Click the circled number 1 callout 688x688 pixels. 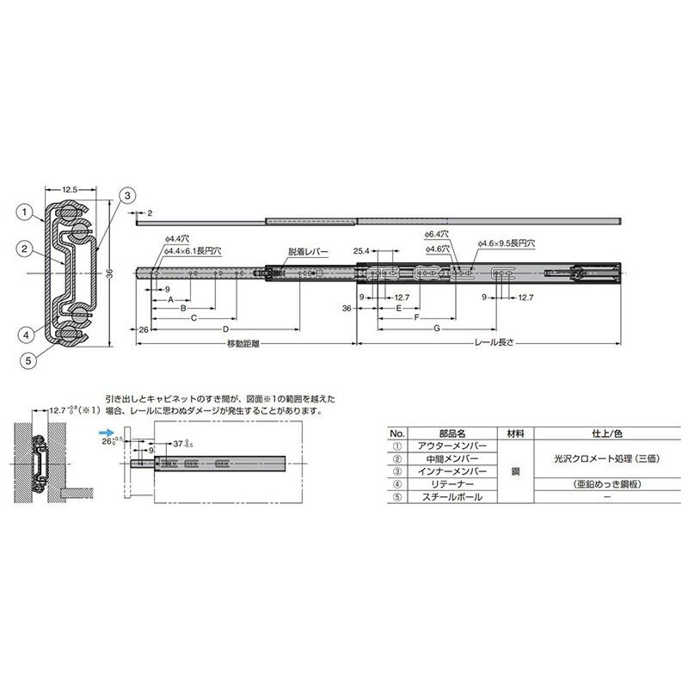27,209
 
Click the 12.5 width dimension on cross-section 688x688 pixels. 71,188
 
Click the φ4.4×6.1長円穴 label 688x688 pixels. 192,252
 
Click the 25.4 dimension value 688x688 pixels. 360,252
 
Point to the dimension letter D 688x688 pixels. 225,329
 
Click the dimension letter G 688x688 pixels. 436,329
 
